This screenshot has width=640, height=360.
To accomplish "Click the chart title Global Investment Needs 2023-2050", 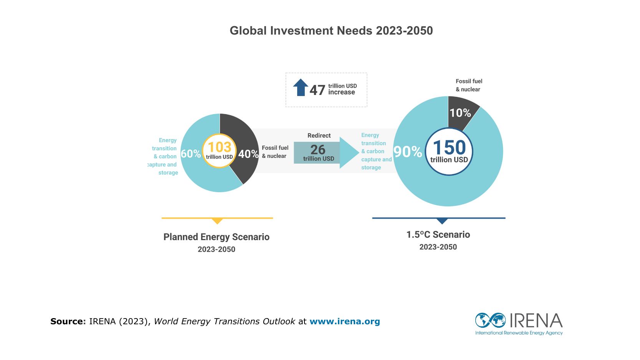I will click(x=331, y=31).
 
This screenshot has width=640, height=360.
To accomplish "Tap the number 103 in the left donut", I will click(x=219, y=147).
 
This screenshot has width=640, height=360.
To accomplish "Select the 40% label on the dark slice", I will click(x=248, y=154).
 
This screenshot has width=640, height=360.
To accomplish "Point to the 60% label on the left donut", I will click(x=191, y=154).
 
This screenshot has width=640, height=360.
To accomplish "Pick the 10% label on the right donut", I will click(x=460, y=113).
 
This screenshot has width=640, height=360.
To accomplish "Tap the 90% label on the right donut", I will click(x=408, y=152).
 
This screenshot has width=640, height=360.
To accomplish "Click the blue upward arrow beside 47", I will click(x=301, y=87).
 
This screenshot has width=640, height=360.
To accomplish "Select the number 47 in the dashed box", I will click(x=317, y=90).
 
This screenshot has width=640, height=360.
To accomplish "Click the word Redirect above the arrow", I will click(x=319, y=136).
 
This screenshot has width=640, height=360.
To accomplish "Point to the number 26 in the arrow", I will click(x=318, y=149).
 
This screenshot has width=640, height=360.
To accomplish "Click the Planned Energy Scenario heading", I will click(x=216, y=237).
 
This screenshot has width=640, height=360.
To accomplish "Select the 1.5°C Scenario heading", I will click(x=438, y=235).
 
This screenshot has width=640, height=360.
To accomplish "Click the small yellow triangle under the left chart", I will click(x=217, y=221).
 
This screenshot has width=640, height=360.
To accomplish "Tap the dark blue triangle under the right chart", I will click(x=442, y=221).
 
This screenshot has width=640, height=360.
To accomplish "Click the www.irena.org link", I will click(x=344, y=322).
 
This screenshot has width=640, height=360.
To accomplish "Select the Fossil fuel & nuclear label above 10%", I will click(x=469, y=85).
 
